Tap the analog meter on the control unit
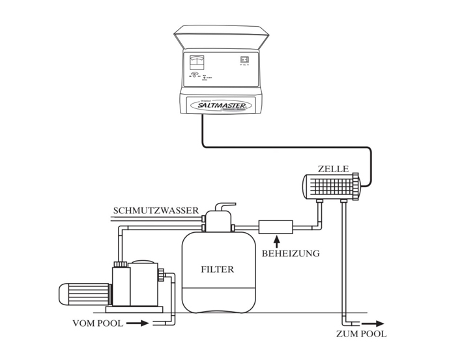[x=195, y=63]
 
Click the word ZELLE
[x=333, y=169]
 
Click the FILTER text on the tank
[x=217, y=268]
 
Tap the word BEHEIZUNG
[x=290, y=253]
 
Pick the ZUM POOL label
[x=362, y=334]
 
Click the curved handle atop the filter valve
[x=219, y=205]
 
